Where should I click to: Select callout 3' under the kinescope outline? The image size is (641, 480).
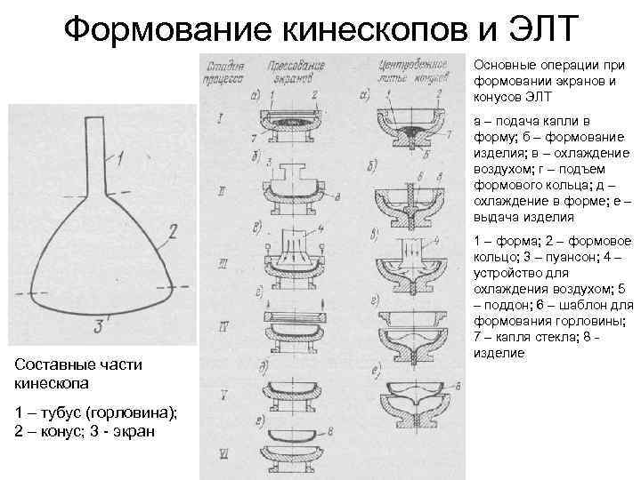coord(105,325)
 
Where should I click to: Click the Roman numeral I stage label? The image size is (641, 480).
coord(220,117)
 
